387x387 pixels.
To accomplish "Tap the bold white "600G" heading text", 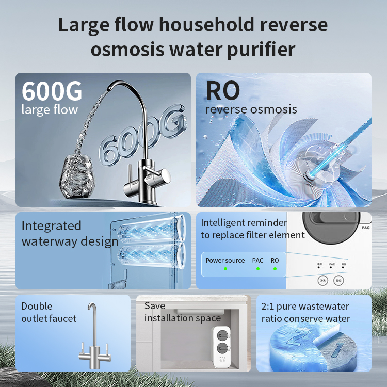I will [52, 91].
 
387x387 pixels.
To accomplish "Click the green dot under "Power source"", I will [225, 269].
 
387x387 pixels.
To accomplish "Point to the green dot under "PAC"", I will [257, 269].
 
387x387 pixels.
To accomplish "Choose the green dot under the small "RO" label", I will [275, 269].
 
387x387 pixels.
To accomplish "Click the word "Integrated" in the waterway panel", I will [51, 226].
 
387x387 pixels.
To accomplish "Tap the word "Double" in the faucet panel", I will [37, 307].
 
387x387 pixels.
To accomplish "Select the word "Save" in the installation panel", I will [155, 306].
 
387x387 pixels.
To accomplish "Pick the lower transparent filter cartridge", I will [150, 256].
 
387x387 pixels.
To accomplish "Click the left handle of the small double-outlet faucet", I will [83, 346].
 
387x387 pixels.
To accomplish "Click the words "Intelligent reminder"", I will [244, 223].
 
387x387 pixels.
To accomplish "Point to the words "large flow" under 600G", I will [50, 109].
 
